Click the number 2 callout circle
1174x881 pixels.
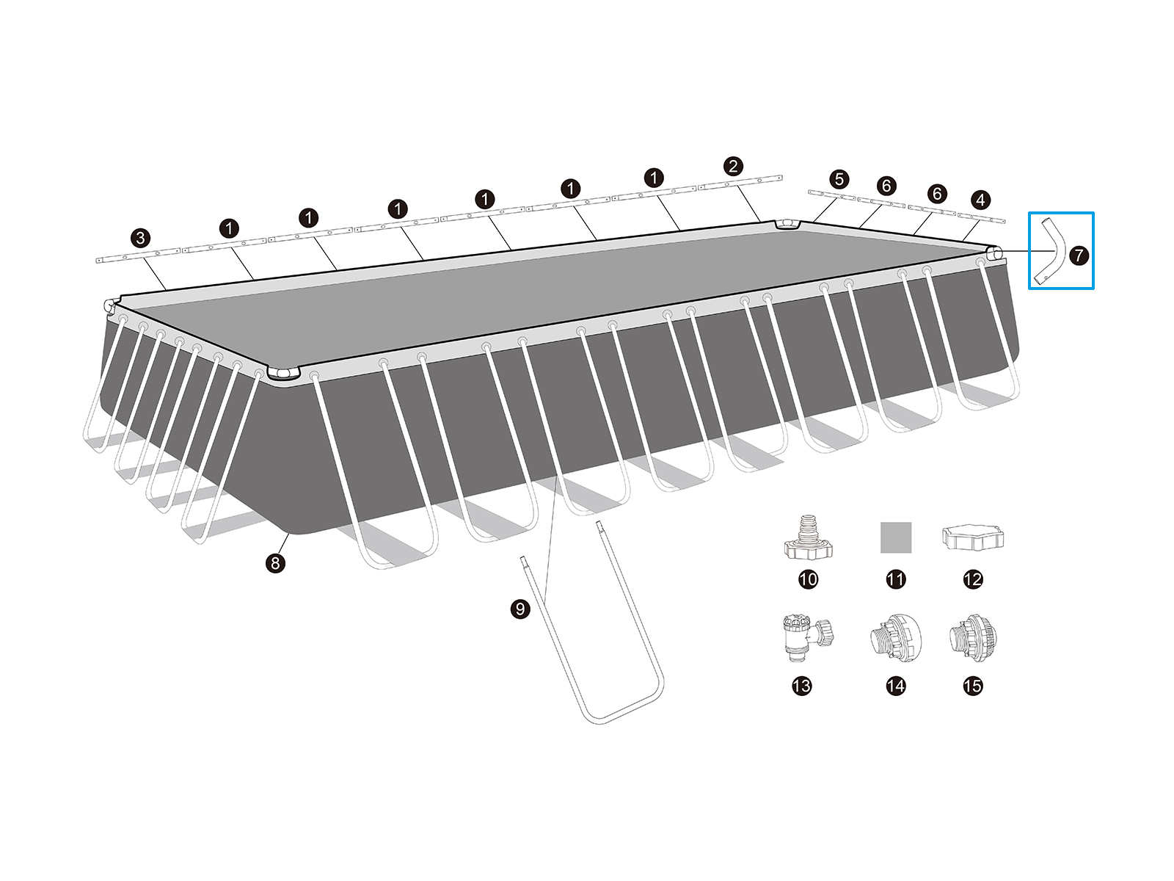click(x=733, y=166)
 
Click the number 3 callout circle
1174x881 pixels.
click(x=141, y=238)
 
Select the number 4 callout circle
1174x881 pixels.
click(x=980, y=200)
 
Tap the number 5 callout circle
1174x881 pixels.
click(x=839, y=179)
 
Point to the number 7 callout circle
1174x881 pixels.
click(x=1079, y=255)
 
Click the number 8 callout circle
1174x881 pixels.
click(x=275, y=562)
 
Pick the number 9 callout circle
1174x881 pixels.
click(x=520, y=609)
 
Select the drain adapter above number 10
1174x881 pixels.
click(x=808, y=537)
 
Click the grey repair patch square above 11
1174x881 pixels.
click(x=896, y=537)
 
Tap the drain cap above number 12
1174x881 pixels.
click(x=973, y=537)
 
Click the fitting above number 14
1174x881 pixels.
click(x=896, y=638)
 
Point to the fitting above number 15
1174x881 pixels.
click(x=973, y=638)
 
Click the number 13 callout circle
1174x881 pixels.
click(x=802, y=686)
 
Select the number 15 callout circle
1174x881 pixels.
click(x=973, y=686)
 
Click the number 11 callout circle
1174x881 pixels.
click(x=896, y=579)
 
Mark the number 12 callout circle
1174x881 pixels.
click(x=973, y=579)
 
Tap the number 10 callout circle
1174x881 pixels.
click(x=808, y=579)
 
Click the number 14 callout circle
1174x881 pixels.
click(x=896, y=686)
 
